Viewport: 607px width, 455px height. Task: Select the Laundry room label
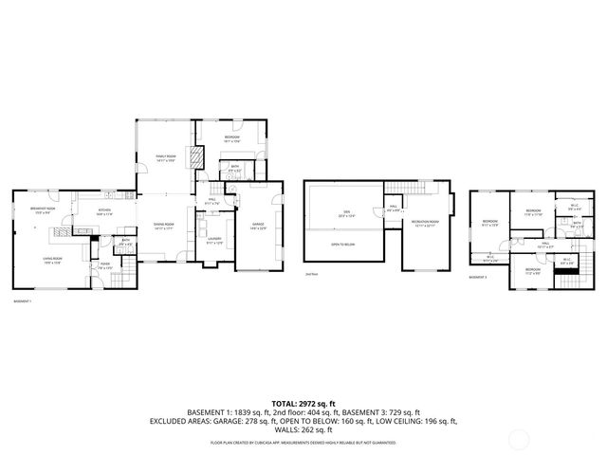point(214,241)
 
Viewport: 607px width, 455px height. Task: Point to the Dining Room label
point(163,226)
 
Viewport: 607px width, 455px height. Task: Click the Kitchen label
point(105,213)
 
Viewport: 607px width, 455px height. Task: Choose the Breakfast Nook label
point(44,210)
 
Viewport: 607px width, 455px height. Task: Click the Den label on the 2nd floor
point(346,215)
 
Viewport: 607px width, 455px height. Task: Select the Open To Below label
point(343,245)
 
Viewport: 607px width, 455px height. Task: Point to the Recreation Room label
point(423,224)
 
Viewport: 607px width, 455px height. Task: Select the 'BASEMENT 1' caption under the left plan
point(23,300)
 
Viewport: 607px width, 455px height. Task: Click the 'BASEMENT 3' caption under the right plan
point(479,277)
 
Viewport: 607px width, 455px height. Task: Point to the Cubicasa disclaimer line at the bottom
point(303,441)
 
